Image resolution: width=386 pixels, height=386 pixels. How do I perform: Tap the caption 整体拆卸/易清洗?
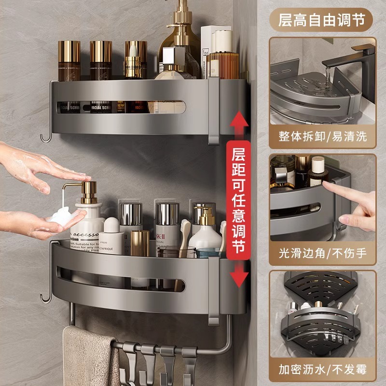coord(322,136)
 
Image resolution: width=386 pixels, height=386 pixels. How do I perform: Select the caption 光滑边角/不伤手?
coord(322,253)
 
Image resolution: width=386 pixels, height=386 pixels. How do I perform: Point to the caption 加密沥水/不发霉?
coord(322,370)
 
